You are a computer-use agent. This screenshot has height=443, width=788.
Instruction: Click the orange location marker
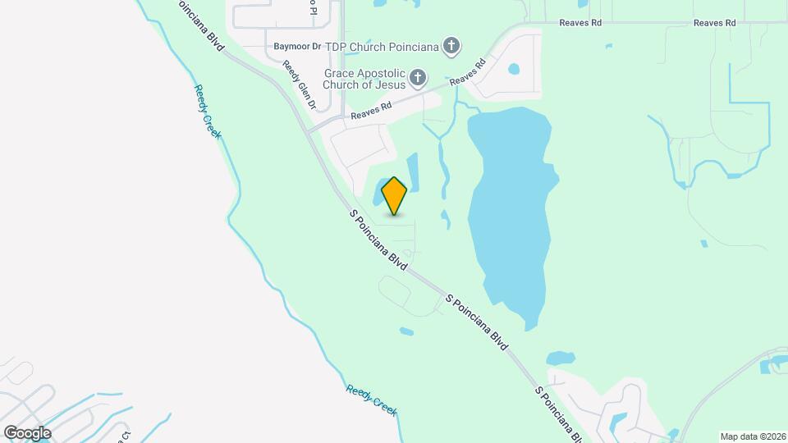coord(395,195)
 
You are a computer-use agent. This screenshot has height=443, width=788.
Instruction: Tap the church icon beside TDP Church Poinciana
coord(451,46)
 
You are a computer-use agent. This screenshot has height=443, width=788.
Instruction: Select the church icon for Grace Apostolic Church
coord(418,78)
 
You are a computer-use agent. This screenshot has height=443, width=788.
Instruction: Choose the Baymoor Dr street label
coord(297,47)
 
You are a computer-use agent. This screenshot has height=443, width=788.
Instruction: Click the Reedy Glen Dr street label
coord(300,85)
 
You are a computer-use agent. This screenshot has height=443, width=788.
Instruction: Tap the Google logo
coord(27,432)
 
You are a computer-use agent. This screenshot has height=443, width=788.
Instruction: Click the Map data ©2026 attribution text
coord(752,436)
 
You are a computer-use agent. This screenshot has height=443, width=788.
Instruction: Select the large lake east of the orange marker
coord(511,213)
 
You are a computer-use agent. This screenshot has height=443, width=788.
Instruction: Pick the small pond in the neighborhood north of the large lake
coord(515,69)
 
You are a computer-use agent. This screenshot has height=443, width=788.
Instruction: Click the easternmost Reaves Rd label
coord(714,23)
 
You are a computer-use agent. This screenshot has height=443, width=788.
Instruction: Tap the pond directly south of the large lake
coord(561,359)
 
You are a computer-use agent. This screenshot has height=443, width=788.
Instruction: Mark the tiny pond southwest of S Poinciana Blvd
coord(406,332)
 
